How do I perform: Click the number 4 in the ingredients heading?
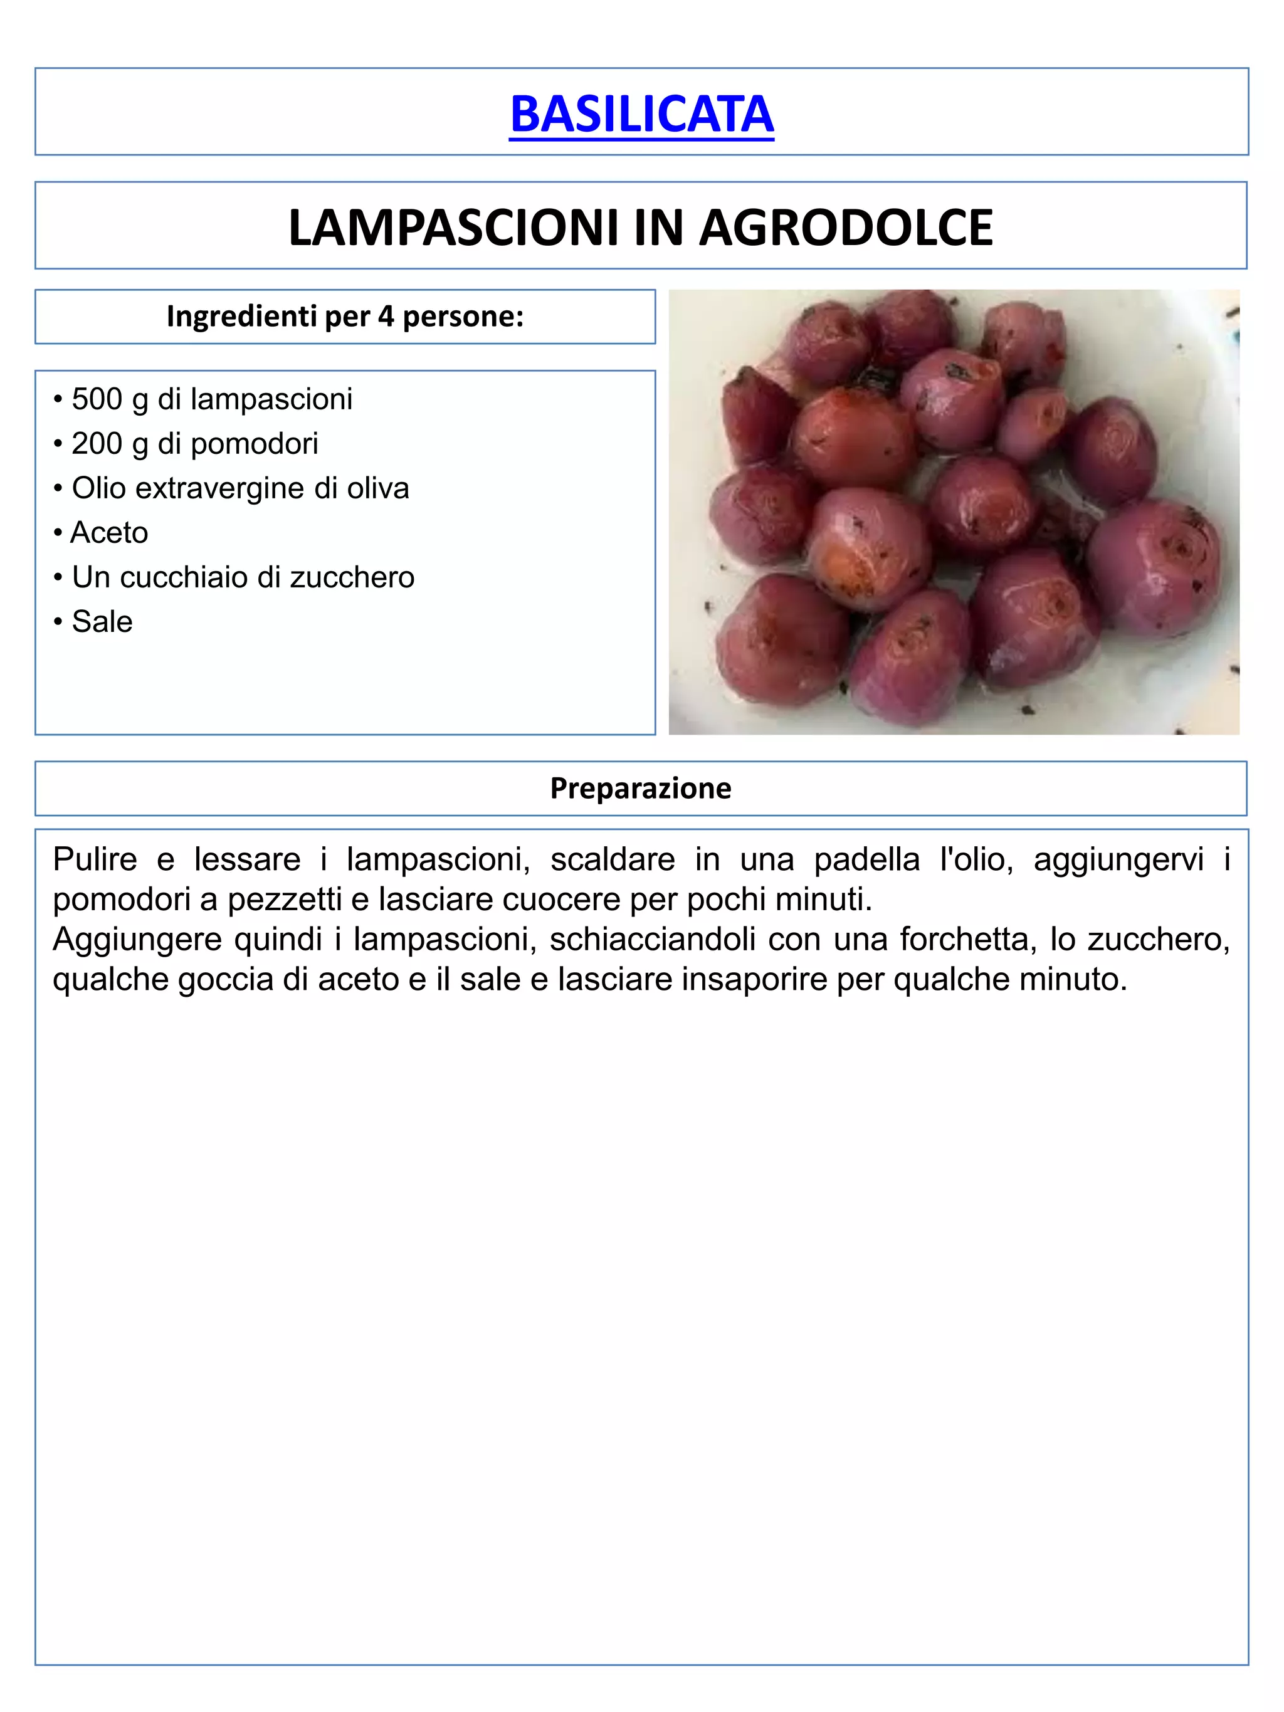tap(385, 316)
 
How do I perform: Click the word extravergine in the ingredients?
tap(231, 488)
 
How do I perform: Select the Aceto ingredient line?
tap(109, 532)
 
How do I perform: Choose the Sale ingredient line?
tap(102, 621)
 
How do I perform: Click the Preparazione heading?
tap(641, 788)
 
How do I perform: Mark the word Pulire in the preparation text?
tap(95, 859)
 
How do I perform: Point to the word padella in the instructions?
tap(867, 859)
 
